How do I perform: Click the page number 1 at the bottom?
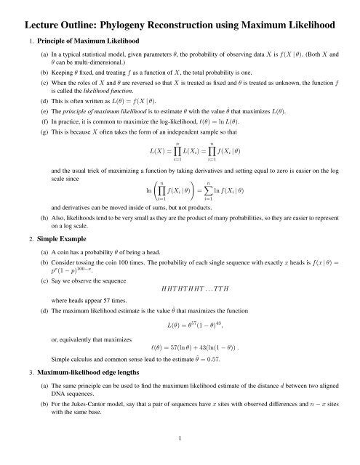180,456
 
